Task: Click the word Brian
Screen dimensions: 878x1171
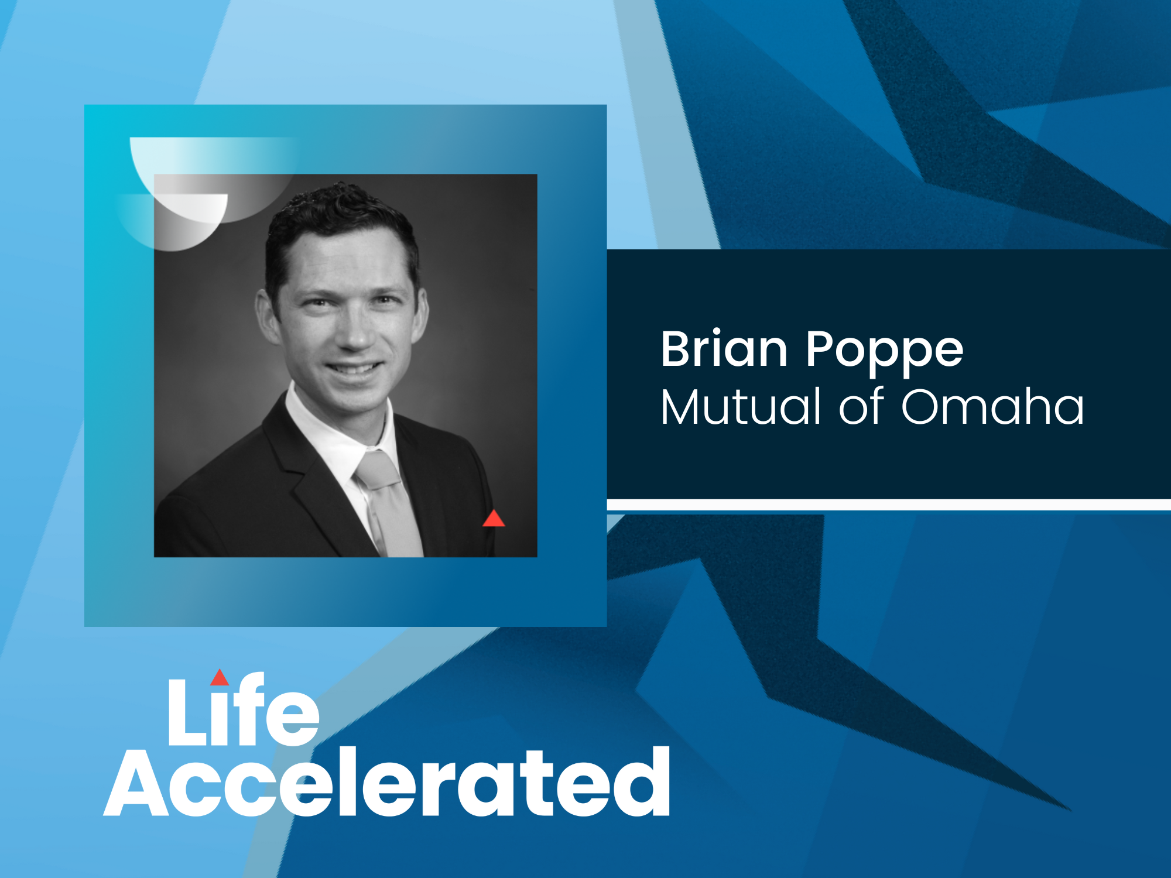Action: pos(724,349)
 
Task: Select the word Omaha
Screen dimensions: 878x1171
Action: pos(992,406)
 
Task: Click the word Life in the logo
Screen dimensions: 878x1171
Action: pos(243,711)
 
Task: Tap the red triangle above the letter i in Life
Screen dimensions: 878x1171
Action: pos(220,678)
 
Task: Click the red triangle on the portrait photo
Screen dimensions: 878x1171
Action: pos(494,519)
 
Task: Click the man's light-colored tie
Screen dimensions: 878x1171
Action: pos(391,509)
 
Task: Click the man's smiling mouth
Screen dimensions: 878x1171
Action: pos(354,369)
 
